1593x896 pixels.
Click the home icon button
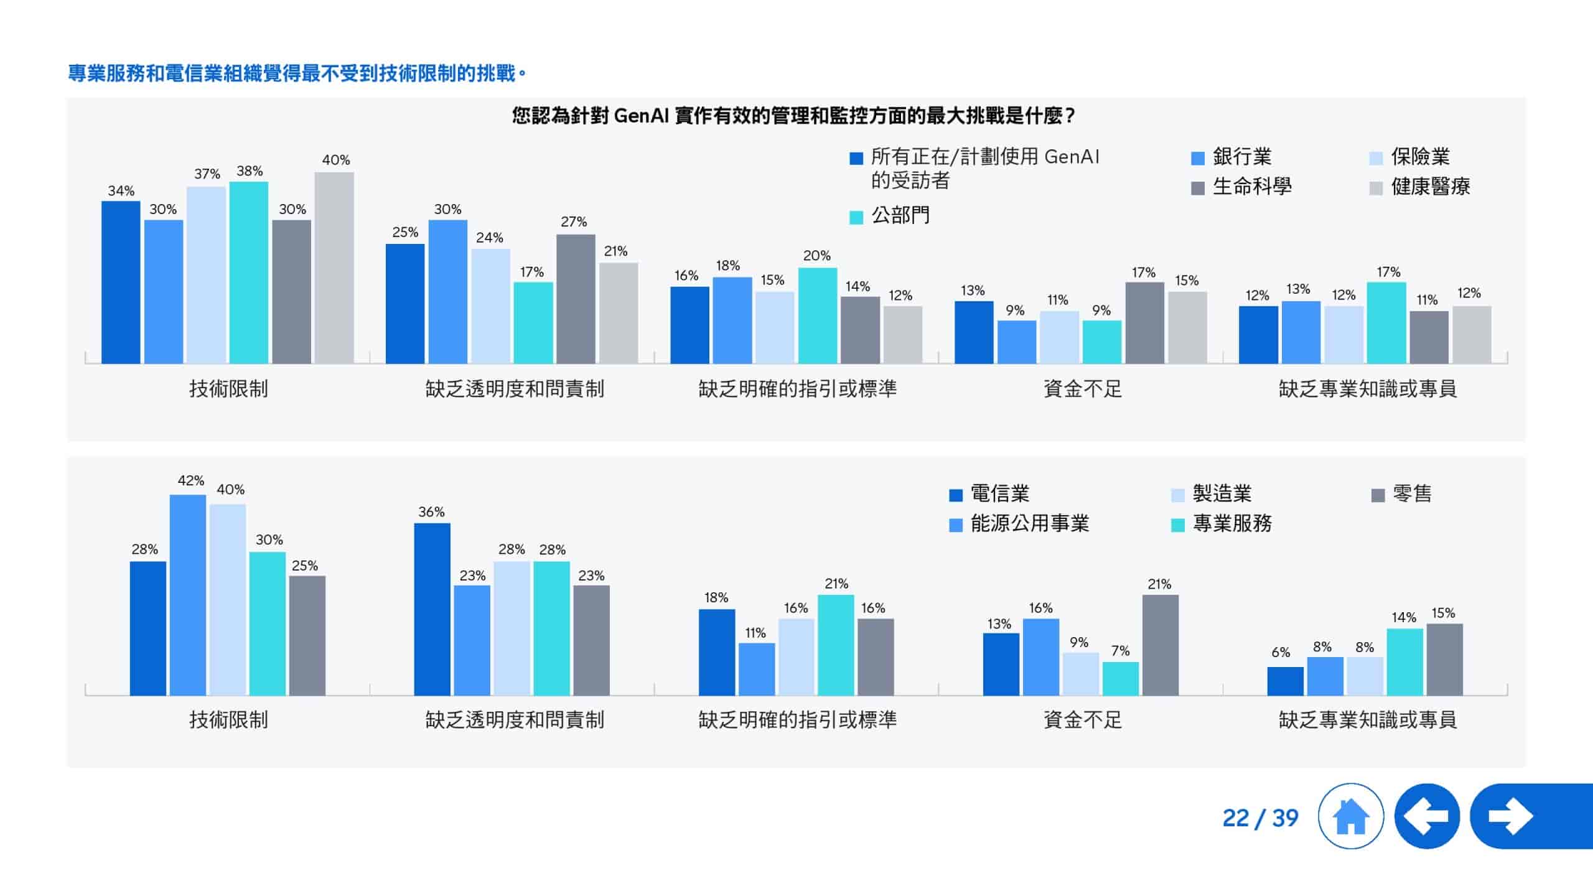1350,816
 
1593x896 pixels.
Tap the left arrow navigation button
1427,816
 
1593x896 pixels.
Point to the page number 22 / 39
1260,818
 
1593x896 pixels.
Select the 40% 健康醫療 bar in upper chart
334,268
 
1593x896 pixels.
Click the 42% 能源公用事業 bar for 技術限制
188,594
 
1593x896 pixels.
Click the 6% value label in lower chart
1281,652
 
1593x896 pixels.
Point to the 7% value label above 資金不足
1120,651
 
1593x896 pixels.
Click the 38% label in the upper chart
250,171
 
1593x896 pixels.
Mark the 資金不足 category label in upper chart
1083,389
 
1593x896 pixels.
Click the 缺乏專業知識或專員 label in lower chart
1367,720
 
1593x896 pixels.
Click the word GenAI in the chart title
641,116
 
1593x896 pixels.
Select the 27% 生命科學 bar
576,299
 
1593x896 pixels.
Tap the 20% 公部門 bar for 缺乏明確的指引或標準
817,315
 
